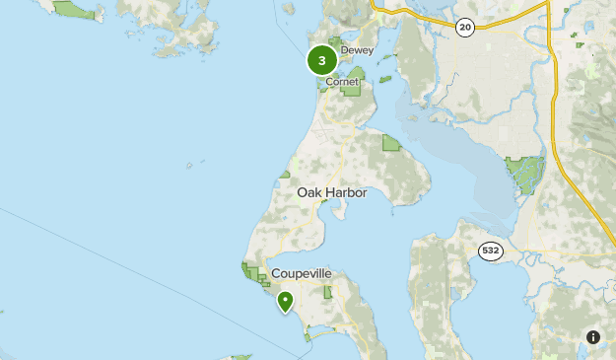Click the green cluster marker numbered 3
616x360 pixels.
[x=322, y=60]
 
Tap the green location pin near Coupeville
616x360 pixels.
[x=285, y=301]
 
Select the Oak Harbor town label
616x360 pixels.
[x=332, y=193]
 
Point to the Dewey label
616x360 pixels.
[x=357, y=50]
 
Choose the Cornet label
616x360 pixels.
[x=343, y=83]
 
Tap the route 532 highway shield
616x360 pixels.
[x=492, y=252]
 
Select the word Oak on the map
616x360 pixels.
[x=308, y=193]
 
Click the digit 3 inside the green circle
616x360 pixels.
[x=322, y=60]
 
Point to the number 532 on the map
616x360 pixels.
[x=492, y=252]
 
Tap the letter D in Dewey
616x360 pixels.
[x=344, y=50]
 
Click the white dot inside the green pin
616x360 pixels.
[x=285, y=299]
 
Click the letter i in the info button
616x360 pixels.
[x=593, y=336]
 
